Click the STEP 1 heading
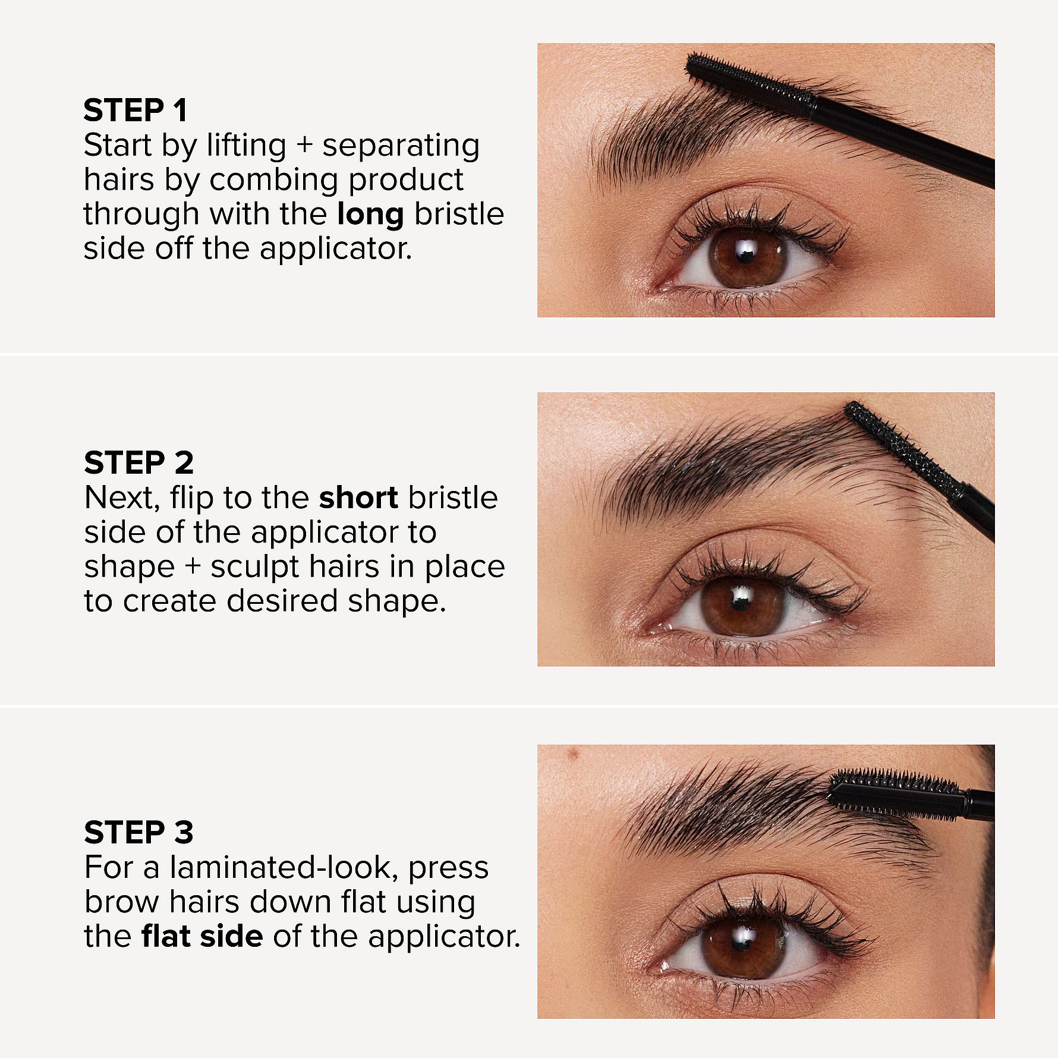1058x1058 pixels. (135, 111)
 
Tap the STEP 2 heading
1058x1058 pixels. (138, 463)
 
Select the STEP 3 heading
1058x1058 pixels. (138, 832)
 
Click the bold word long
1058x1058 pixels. (370, 214)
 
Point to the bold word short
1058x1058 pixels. (358, 498)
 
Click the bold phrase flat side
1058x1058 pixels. (202, 936)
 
